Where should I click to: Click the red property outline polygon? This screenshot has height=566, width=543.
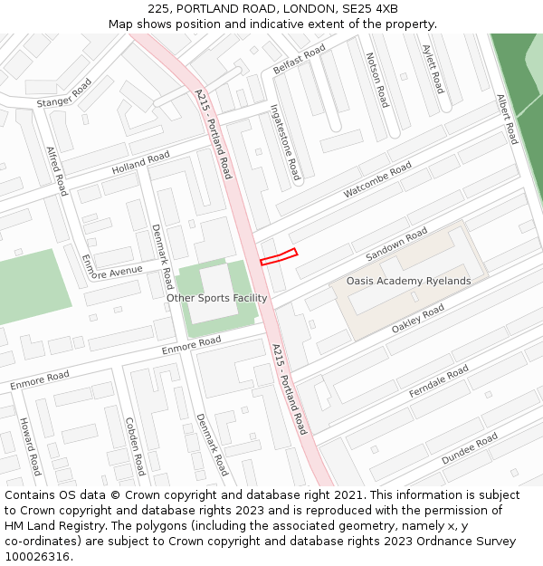pos(279,257)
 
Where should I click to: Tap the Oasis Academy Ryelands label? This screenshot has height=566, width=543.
pos(408,281)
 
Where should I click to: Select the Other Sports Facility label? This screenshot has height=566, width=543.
pos(216,298)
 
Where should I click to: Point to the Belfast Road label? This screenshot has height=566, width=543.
pos(299,60)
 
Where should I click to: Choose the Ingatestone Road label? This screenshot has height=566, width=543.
pos(285,141)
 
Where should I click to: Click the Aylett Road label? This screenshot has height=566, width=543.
pos(433,69)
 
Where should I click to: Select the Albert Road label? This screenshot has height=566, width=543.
pos(507,119)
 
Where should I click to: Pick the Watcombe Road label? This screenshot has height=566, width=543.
pos(377,180)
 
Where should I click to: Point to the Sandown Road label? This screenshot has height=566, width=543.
pos(395,246)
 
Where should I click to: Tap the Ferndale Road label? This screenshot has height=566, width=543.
pos(439,381)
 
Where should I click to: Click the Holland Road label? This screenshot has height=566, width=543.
pos(140,164)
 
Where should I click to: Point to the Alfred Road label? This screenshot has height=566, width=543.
pos(56,170)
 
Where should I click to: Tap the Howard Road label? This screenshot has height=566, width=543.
pos(29,446)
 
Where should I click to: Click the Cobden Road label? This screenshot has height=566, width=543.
pos(134,446)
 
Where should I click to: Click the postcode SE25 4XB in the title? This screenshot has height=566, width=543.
pos(371,8)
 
